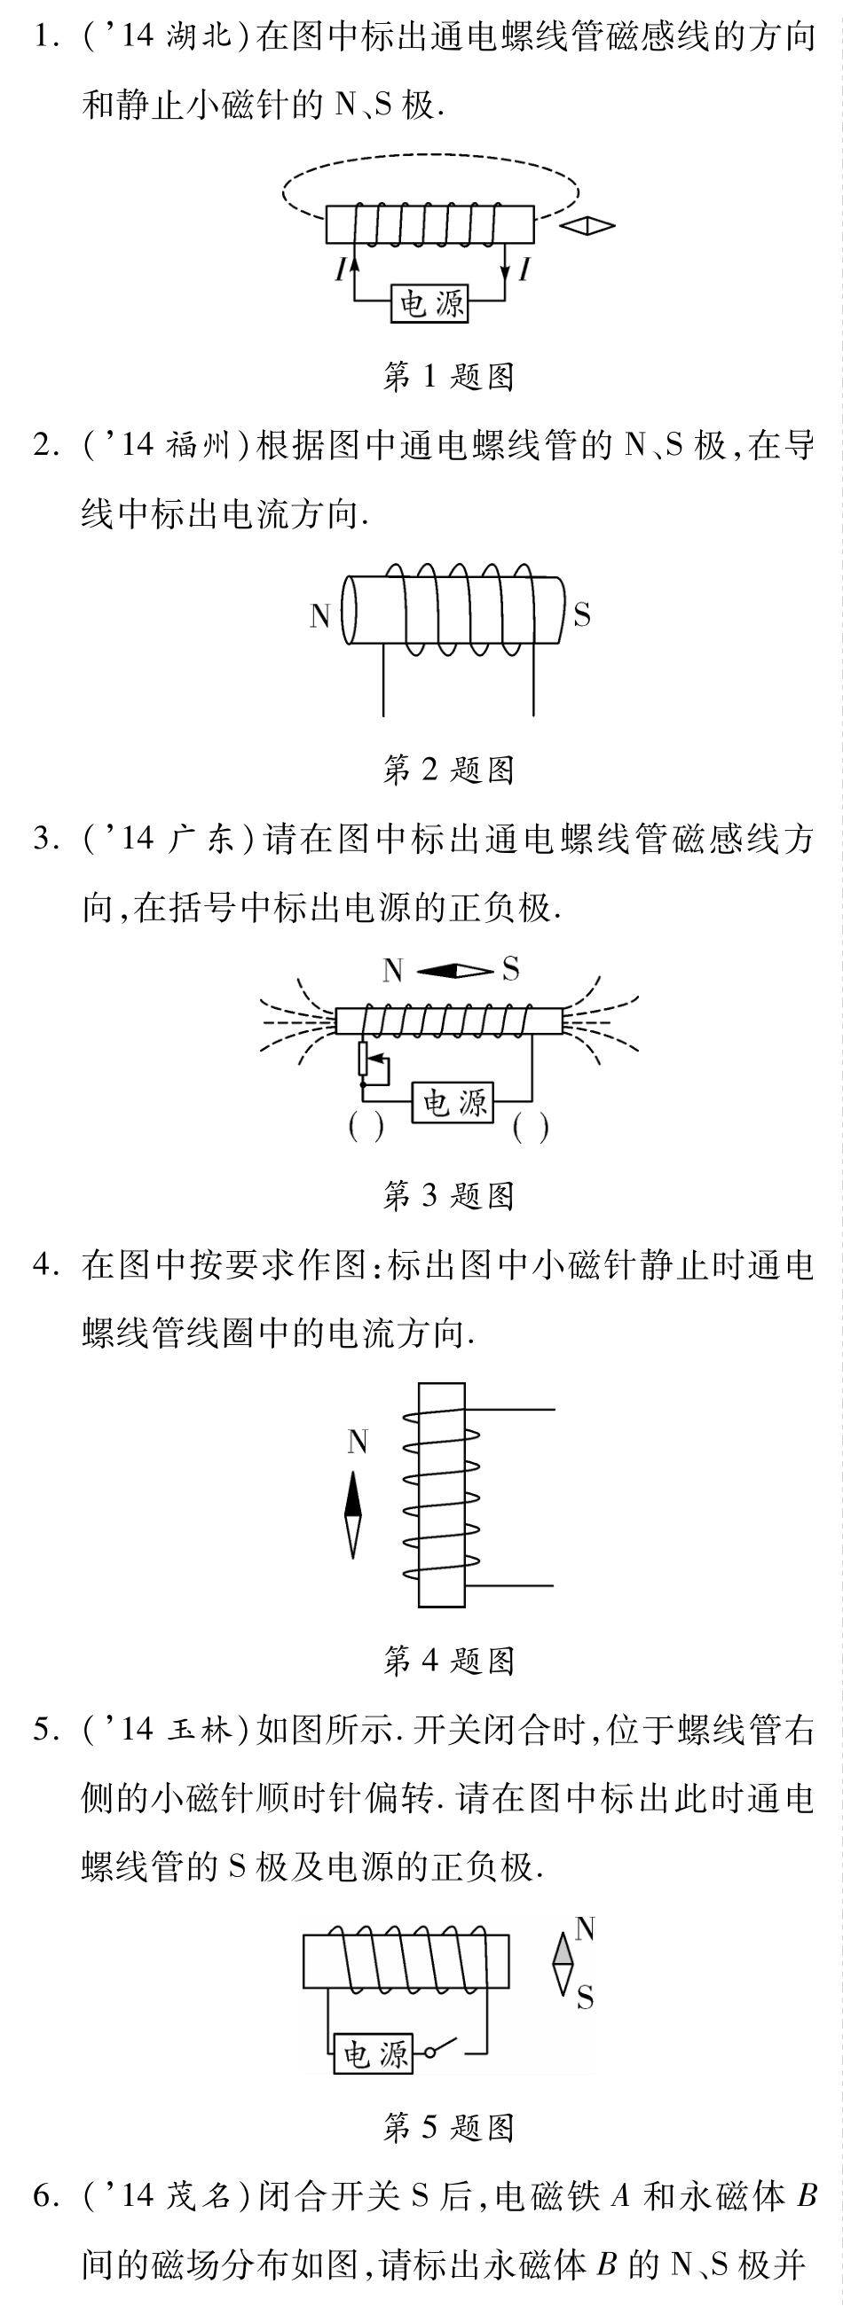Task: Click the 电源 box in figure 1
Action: pos(431,304)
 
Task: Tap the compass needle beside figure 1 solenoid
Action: pos(587,226)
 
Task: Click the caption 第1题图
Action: pos(448,376)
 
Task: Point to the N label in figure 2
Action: pos(319,616)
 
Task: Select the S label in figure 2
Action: pos(581,615)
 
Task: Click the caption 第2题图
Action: pos(448,770)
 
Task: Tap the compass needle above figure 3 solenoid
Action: pos(454,971)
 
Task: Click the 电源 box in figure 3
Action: pos(453,1102)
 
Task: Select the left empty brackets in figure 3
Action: pos(366,1127)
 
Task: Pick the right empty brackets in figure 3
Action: pos(531,1128)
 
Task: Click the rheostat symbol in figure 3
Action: pos(365,1059)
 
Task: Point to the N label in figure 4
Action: pos(358,1442)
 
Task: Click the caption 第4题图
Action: pos(448,1662)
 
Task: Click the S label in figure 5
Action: pos(584,1998)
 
